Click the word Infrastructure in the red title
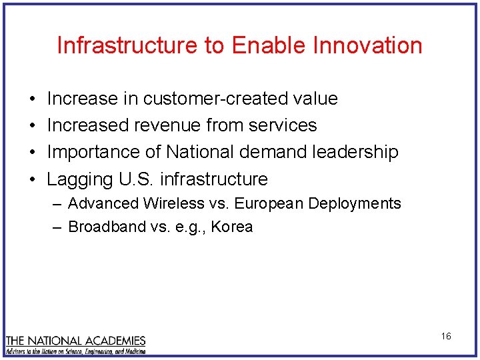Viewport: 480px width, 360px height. [127, 45]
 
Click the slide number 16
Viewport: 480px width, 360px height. [446, 336]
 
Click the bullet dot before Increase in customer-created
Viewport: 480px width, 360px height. [32, 99]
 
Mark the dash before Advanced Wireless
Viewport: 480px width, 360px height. [57, 203]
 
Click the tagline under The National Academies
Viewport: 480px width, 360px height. [75, 351]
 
